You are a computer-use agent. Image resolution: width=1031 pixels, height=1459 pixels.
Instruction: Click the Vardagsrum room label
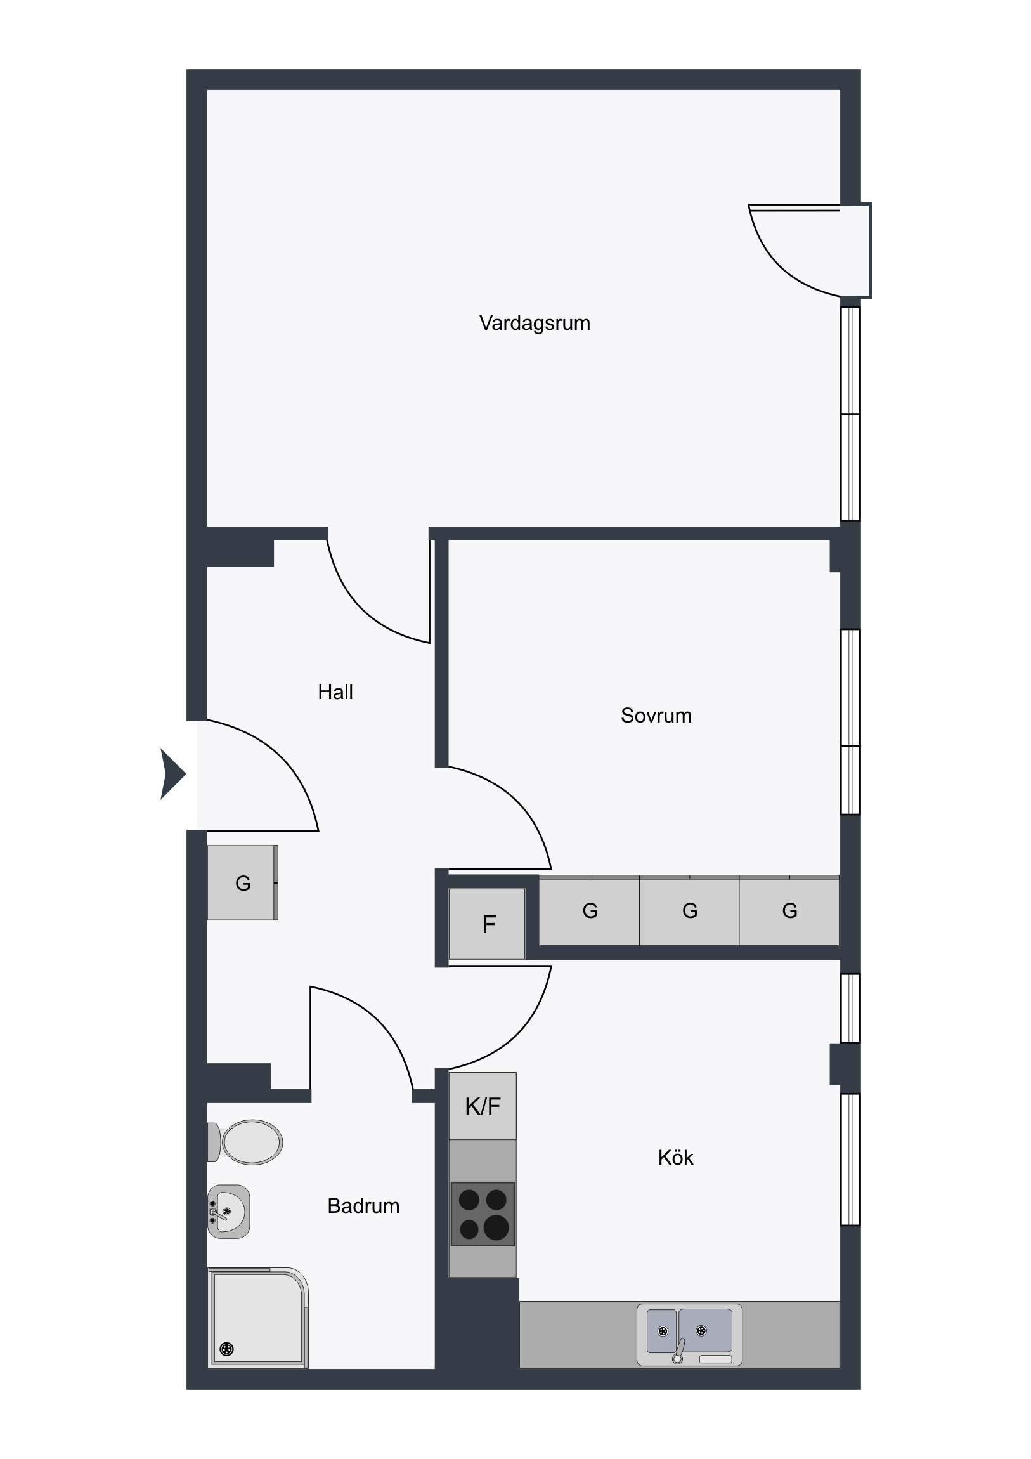[x=535, y=323]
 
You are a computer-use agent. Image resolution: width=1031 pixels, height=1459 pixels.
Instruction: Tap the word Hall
[x=335, y=691]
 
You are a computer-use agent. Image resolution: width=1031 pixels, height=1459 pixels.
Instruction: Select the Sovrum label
[x=656, y=716]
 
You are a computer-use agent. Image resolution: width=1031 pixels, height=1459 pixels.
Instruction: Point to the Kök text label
[x=675, y=1157]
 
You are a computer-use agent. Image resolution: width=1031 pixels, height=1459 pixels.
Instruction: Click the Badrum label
[x=363, y=1205]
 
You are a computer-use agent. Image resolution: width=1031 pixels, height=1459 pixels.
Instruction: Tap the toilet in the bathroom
[x=245, y=1142]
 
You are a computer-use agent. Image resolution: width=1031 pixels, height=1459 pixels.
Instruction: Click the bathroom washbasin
[x=229, y=1211]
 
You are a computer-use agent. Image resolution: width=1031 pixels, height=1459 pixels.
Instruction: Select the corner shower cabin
[x=258, y=1318]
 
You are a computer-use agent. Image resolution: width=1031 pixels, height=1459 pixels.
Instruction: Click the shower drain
[x=227, y=1349]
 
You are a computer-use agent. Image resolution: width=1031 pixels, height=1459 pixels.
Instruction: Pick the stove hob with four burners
[x=483, y=1214]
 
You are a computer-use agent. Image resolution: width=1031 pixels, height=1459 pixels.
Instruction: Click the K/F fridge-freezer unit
[x=483, y=1106]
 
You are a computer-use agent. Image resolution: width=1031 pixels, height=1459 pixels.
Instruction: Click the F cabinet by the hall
[x=487, y=924]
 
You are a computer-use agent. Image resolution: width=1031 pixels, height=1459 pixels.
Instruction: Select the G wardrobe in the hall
[x=243, y=882]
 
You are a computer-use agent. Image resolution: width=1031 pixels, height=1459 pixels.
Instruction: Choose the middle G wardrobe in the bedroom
[x=689, y=910]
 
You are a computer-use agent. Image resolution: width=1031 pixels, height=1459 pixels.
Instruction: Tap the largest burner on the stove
[x=496, y=1227]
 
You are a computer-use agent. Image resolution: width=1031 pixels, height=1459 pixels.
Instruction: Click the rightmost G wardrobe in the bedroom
[x=789, y=910]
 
